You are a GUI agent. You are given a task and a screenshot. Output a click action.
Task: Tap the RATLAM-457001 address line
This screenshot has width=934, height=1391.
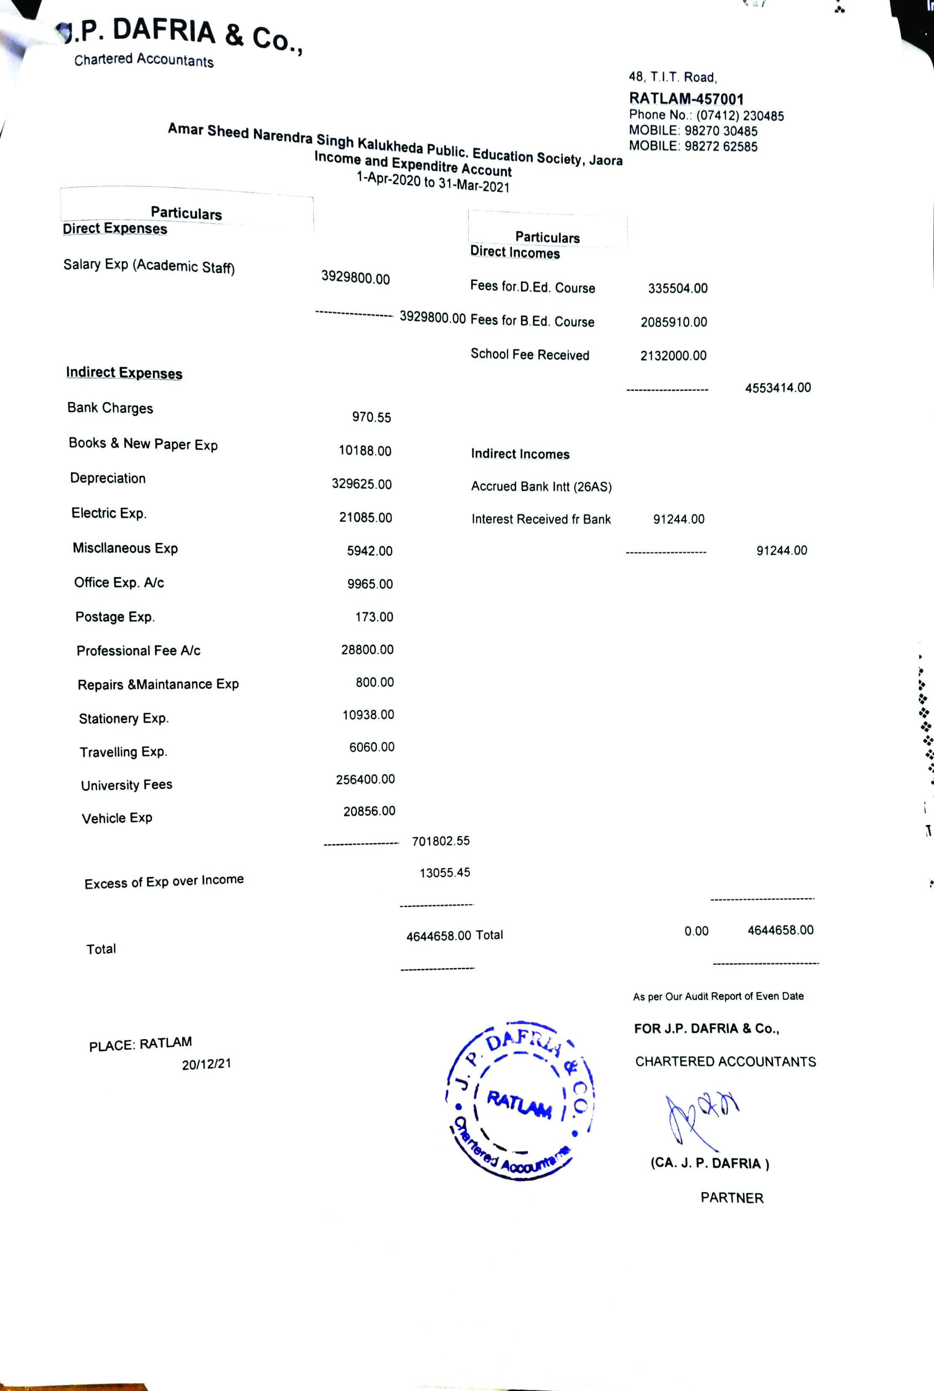pos(686,98)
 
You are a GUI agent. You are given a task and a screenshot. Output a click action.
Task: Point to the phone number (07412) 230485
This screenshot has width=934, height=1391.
pos(740,115)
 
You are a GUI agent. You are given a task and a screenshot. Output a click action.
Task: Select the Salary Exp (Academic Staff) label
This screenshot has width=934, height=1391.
pos(149,266)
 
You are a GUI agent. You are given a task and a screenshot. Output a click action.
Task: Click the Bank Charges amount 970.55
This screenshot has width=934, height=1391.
pos(371,417)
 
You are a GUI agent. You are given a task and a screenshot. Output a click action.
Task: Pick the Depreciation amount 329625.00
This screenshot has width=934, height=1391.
pos(361,484)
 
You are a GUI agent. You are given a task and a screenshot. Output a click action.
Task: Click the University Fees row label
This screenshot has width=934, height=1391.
pos(126,785)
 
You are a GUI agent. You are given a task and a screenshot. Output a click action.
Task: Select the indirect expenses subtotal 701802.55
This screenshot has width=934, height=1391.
pos(441,841)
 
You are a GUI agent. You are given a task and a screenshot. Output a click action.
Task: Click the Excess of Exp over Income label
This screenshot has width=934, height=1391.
pos(164,881)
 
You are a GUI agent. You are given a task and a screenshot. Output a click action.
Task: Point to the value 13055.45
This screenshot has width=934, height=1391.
pos(444,873)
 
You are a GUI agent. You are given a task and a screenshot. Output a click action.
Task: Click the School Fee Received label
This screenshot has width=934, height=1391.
pos(530,354)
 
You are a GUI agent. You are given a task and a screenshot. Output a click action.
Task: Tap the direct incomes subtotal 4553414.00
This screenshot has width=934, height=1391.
pos(778,388)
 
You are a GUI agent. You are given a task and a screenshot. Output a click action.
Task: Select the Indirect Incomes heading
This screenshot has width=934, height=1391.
pos(520,454)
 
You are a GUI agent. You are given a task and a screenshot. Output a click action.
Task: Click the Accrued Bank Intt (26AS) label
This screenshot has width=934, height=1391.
pos(541,486)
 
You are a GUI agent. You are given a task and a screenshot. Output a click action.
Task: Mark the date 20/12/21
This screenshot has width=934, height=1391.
pos(206,1064)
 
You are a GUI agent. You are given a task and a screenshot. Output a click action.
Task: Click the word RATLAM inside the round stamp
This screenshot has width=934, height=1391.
pos(519,1104)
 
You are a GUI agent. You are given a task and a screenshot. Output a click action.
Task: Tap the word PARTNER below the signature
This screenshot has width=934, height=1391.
pos(731,1198)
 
